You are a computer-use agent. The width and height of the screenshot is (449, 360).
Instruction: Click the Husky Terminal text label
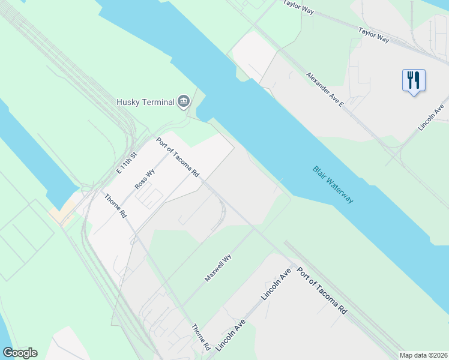coord(145,102)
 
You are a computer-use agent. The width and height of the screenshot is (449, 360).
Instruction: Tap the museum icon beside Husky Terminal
coord(184,101)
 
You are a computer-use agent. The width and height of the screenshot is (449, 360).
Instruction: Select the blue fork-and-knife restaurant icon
coord(413,80)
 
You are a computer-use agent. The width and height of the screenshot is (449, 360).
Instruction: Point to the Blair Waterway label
coord(333,184)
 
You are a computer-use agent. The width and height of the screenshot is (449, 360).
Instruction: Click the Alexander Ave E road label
coord(324,89)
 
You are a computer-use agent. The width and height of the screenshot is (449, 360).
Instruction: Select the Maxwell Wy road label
coord(218,268)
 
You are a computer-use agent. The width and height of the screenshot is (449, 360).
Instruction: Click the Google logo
coord(20,353)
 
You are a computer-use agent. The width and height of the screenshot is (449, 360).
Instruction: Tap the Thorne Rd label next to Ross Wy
coord(115,205)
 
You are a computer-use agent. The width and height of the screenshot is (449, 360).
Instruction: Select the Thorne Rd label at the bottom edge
coord(200,337)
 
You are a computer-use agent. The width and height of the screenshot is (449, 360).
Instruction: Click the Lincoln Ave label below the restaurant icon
coord(431,118)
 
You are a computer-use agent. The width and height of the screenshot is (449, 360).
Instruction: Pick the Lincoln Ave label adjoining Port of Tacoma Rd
coord(276,284)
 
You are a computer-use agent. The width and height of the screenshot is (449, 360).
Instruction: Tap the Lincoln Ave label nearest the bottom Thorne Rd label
coord(231,335)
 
